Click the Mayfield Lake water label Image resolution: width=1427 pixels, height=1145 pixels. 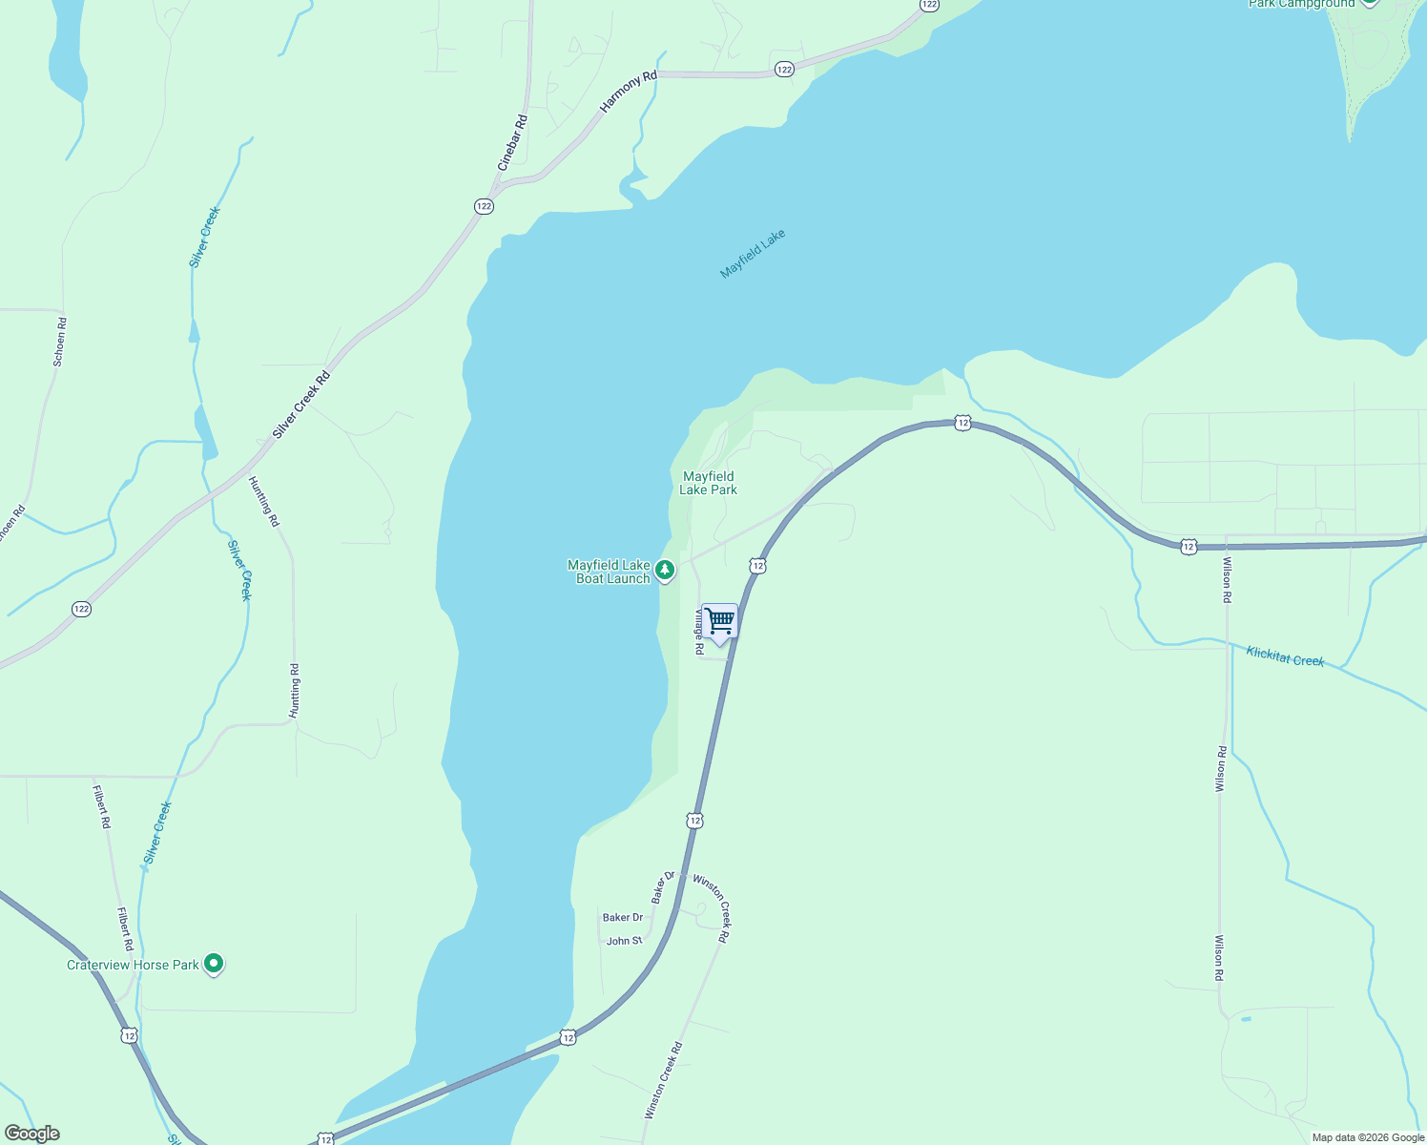[753, 254]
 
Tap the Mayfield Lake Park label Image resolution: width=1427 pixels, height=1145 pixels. [708, 483]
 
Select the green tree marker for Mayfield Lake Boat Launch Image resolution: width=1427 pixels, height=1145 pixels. [665, 571]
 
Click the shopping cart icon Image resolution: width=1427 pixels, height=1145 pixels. [720, 622]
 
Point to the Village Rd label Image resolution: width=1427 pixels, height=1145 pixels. [699, 632]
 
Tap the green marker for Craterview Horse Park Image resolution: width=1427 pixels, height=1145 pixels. [215, 965]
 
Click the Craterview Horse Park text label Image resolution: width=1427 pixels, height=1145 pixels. [133, 965]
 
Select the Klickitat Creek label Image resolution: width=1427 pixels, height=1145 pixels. [1285, 656]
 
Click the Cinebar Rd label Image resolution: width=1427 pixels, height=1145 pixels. [513, 143]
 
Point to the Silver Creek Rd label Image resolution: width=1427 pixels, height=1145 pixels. [300, 405]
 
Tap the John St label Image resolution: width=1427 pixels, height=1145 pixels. [624, 941]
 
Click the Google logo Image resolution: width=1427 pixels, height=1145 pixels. [32, 1134]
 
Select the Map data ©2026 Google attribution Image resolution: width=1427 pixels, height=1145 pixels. [1368, 1137]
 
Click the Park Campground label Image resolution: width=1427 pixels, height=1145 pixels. [1301, 4]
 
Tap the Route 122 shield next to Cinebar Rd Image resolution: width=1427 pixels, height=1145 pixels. [484, 206]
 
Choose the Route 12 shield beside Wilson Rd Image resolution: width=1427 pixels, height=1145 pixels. [1188, 546]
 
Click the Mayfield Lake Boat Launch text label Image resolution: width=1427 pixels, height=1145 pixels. [609, 572]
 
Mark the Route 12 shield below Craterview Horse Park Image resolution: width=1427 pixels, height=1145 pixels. [130, 1035]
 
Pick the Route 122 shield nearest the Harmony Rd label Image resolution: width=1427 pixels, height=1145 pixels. [783, 70]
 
